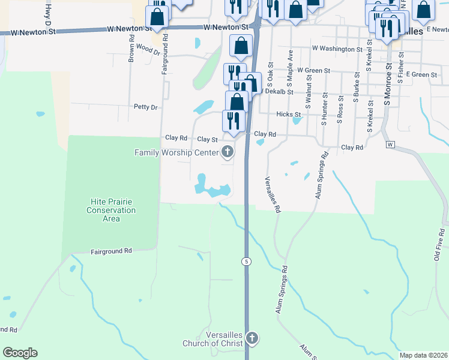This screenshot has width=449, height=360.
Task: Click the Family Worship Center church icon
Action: point(228,152)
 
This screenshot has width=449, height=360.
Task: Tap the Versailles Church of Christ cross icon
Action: point(252,338)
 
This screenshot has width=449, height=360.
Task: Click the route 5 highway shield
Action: point(246,261)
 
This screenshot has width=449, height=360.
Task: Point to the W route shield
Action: point(390,145)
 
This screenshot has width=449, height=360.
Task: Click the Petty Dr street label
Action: point(145,107)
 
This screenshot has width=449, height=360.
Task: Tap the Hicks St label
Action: point(288,114)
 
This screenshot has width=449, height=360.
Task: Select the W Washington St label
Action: point(337,49)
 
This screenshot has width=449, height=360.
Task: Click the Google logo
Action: point(20,353)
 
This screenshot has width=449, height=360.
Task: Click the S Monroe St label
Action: point(388,83)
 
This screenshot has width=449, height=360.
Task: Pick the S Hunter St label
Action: point(324,109)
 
